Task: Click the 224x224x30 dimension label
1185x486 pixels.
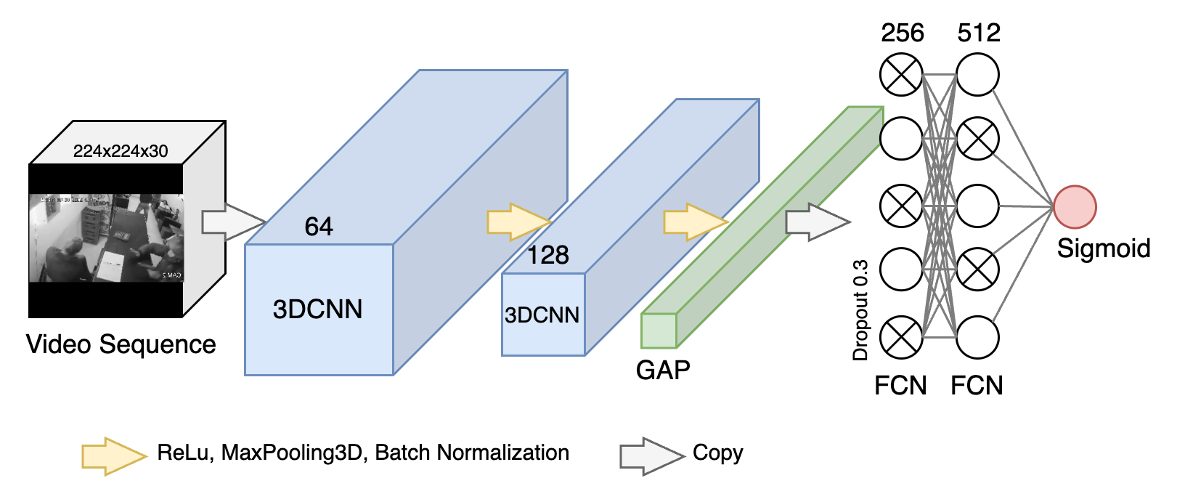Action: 121,151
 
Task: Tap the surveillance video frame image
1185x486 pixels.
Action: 106,238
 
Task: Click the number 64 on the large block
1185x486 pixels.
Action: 319,227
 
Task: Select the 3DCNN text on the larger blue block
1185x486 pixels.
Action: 318,309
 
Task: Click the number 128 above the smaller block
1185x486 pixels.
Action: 547,255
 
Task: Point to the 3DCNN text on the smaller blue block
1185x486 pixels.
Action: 542,315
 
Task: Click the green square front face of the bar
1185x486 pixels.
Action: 659,331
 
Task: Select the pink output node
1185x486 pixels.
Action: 1075,207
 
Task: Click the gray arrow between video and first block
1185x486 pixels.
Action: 231,222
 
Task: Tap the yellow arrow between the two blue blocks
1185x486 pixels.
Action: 517,222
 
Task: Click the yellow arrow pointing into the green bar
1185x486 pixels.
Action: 694,222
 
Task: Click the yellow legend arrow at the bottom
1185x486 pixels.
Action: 113,456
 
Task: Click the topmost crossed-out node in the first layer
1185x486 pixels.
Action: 901,74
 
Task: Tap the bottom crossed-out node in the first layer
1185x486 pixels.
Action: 901,338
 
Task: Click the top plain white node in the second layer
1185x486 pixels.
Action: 977,74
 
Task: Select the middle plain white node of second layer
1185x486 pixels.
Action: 977,206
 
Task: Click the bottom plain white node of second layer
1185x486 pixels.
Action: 977,338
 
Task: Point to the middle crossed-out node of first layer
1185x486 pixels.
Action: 901,206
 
